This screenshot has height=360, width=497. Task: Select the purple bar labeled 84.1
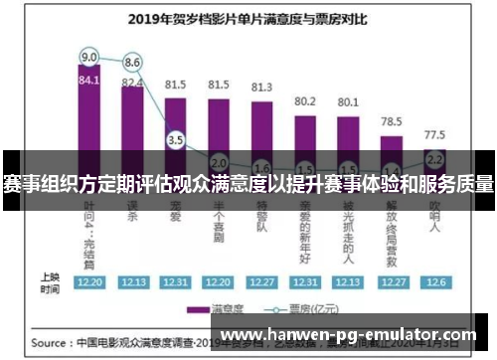(89, 119)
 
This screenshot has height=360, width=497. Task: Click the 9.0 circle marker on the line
(89, 56)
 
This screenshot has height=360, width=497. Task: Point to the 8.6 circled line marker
(133, 63)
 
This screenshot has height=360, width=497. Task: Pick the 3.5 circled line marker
(176, 140)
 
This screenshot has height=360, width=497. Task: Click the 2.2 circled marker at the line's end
(434, 157)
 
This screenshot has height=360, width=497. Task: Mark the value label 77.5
(434, 133)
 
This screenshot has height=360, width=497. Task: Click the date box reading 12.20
(89, 281)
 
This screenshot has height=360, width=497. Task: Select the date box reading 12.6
(434, 281)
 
